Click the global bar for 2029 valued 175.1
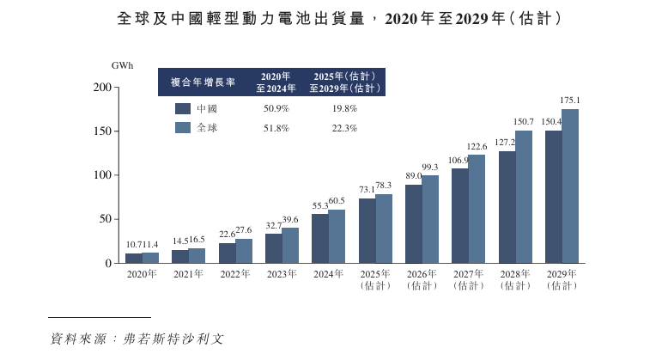570,186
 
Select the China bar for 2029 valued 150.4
554,197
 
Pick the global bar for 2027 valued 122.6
477,209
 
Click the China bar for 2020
134,258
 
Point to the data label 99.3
430,167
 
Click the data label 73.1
367,190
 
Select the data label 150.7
523,122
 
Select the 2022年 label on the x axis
234,274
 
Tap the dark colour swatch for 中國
182,109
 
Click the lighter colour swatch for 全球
182,128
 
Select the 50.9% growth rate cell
276,109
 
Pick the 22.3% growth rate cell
343,128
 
